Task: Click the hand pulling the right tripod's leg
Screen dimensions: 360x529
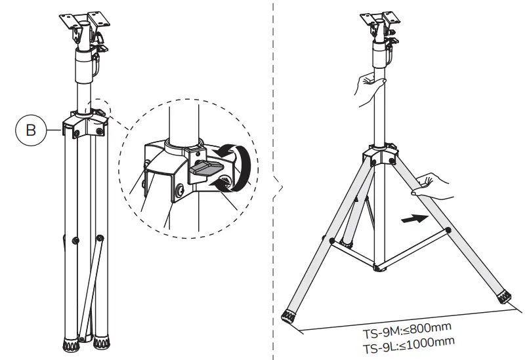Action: coord(430,187)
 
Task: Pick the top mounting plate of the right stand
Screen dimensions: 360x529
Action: coord(379,17)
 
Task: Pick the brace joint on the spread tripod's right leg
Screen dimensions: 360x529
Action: coord(448,230)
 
